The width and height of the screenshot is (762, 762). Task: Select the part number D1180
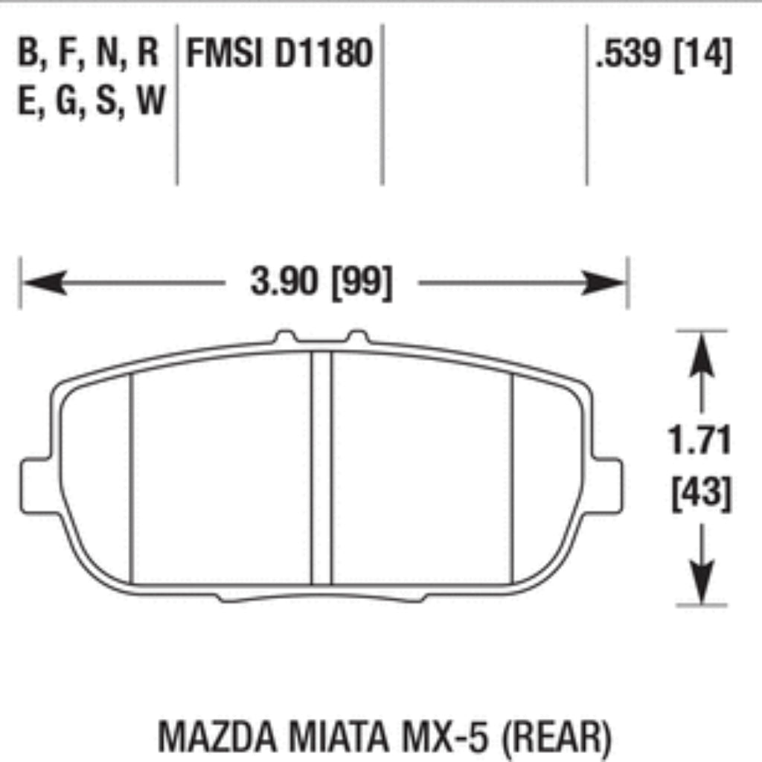point(323,54)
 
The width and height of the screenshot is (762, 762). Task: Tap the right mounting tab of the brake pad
point(607,486)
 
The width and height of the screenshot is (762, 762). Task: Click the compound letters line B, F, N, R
point(89,54)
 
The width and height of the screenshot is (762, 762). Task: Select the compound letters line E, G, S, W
point(91,100)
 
